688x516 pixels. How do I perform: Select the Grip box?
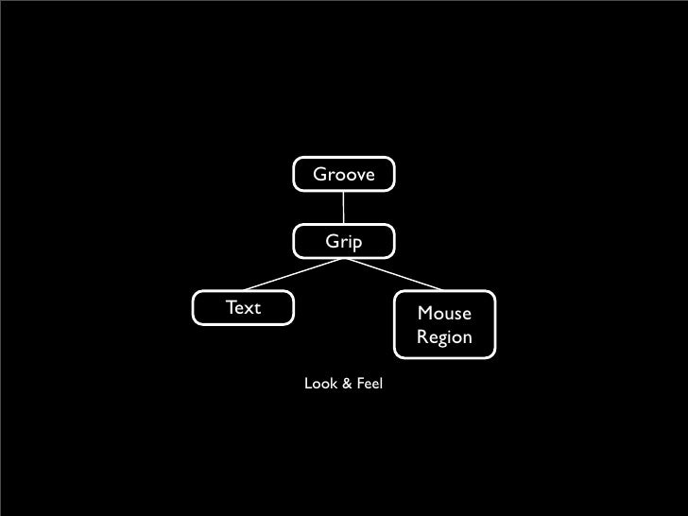coord(344,243)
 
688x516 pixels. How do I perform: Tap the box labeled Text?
coord(243,309)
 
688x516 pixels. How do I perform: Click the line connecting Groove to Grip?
coord(344,209)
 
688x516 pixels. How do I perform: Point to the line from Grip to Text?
coord(293,275)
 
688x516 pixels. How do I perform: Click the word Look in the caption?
coord(318,386)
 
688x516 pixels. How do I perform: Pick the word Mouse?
coord(443,314)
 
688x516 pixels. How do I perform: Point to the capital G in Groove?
coord(319,175)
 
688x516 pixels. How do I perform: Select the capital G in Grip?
coord(332,242)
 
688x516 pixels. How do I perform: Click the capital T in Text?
coord(230,307)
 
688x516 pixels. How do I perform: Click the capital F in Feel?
coord(356,386)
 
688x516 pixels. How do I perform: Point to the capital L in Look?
coord(306,386)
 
